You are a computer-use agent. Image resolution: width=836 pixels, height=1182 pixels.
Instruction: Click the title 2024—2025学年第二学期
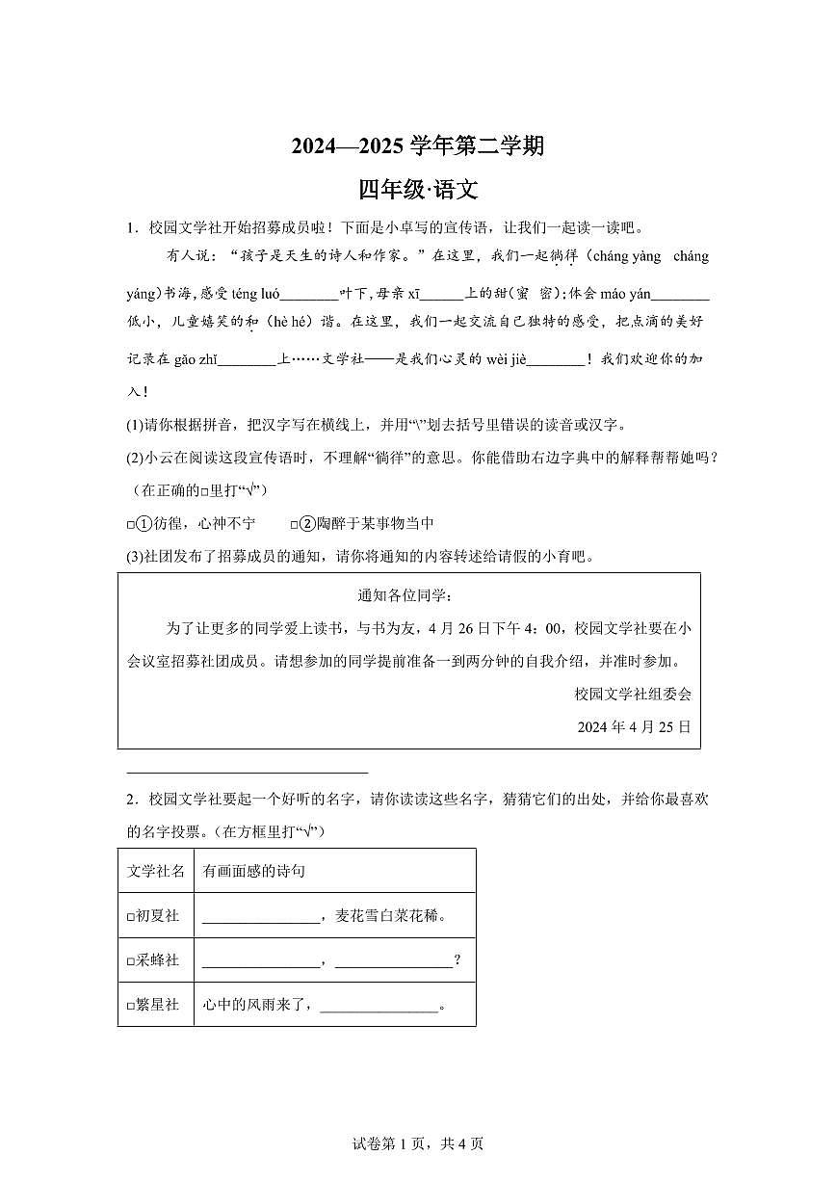click(418, 146)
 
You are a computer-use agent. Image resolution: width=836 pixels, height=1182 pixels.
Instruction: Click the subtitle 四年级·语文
click(418, 190)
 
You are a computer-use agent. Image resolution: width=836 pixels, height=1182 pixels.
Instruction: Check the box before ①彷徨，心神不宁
click(130, 524)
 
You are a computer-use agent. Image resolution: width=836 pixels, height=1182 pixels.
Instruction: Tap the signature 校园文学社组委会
click(632, 694)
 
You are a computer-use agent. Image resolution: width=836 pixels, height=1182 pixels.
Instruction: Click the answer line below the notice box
click(248, 771)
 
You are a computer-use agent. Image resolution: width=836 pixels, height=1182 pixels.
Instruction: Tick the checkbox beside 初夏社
click(130, 916)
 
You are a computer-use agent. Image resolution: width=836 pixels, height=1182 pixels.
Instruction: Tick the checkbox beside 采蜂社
click(130, 960)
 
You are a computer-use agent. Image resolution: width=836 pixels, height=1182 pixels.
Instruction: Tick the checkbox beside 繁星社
click(130, 1005)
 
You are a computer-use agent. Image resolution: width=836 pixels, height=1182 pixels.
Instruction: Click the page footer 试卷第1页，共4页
click(418, 1143)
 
